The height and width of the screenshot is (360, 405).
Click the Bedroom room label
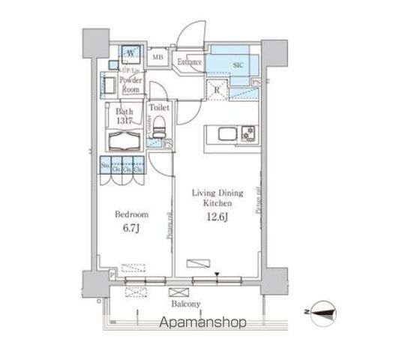[x=128, y=214]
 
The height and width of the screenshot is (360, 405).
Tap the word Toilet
[x=159, y=107]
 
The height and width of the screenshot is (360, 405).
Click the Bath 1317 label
[x=124, y=116]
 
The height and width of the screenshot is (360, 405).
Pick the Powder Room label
[x=130, y=82]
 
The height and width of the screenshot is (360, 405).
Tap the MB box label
[x=159, y=57]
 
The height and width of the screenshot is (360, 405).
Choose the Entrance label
[x=189, y=61]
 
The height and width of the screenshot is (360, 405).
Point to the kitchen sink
[x=226, y=135]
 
